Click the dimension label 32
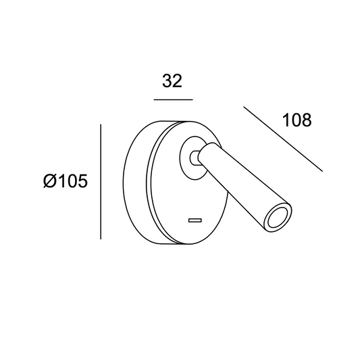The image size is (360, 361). pyautogui.click(x=172, y=81)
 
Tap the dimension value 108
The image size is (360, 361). pyautogui.click(x=297, y=120)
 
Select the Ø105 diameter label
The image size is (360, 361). pyautogui.click(x=66, y=180)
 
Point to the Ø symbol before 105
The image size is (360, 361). pyautogui.click(x=50, y=180)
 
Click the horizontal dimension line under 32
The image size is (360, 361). pyautogui.click(x=173, y=99)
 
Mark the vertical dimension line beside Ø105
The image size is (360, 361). pyautogui.click(x=101, y=182)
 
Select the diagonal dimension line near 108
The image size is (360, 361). pyautogui.click(x=283, y=139)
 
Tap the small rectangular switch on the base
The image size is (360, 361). pyautogui.click(x=195, y=220)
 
